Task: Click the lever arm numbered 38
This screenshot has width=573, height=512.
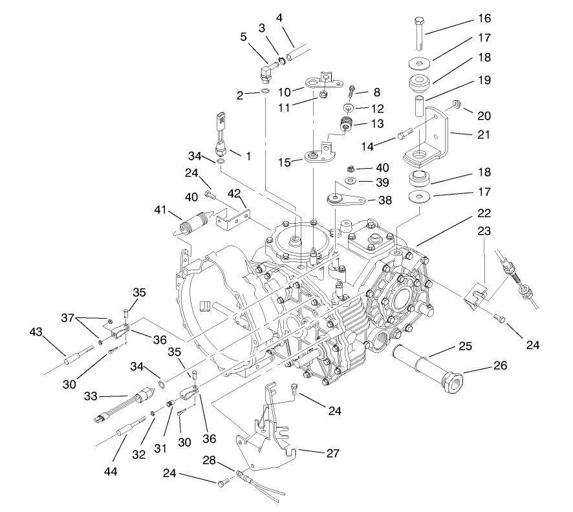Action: click(x=345, y=198)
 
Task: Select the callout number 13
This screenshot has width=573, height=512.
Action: click(x=376, y=122)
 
